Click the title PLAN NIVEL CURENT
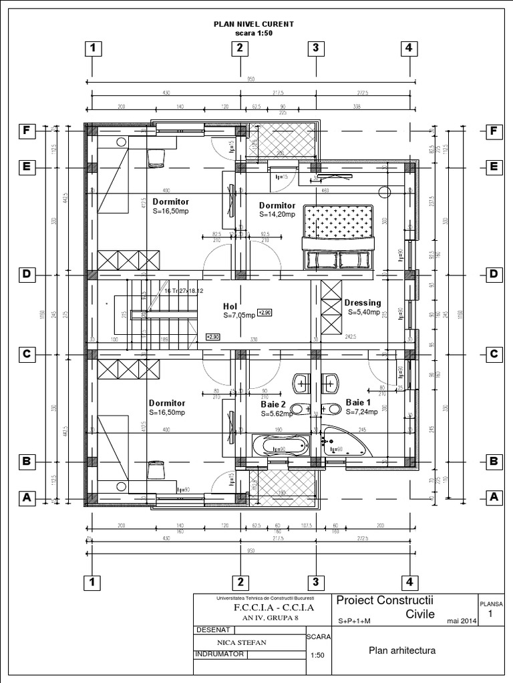click(253, 24)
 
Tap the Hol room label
click(230, 307)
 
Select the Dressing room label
click(363, 302)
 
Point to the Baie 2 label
click(273, 404)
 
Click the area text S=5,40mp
click(362, 311)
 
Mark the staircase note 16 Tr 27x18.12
click(184, 291)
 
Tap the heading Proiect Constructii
click(386, 601)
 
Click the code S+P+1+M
click(353, 621)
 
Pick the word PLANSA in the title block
click(492, 604)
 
